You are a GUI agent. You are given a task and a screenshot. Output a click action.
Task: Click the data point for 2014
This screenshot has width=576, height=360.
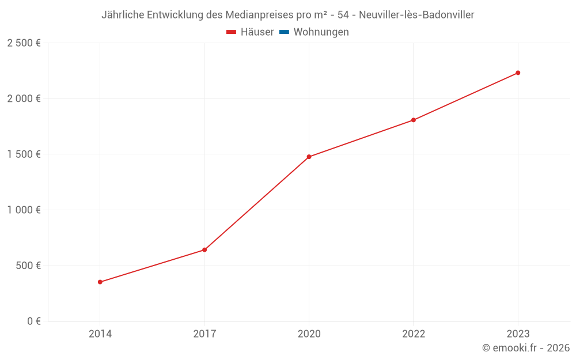100,282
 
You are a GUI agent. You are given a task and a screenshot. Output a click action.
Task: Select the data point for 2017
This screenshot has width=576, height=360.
204,249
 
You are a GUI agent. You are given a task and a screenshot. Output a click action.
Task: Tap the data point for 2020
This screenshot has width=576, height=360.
309,157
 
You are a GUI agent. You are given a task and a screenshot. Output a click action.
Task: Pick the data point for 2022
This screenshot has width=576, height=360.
414,120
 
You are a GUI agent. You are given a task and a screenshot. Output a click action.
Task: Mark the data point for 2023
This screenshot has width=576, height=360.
518,73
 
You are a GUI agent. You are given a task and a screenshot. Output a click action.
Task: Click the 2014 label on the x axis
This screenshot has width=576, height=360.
100,334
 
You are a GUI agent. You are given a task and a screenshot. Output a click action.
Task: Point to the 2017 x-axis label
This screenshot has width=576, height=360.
204,334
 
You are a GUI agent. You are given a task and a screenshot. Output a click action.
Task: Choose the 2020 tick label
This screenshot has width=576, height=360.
309,334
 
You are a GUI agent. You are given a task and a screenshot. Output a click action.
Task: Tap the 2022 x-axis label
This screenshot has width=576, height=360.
414,334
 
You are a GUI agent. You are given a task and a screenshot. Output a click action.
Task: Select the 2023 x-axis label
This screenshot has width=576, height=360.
518,334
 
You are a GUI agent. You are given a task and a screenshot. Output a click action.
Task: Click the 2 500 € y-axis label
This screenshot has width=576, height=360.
24,43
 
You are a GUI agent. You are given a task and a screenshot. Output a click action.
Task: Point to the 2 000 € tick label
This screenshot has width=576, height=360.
24,98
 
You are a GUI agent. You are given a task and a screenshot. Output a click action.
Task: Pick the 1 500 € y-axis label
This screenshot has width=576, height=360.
24,154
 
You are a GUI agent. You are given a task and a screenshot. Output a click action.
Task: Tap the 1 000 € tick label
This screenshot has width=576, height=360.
24,210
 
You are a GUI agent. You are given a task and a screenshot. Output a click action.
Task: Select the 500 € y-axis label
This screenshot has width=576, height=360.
28,266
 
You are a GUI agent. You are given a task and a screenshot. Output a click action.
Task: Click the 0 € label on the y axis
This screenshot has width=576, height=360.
34,321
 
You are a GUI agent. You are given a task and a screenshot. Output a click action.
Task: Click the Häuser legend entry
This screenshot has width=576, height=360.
250,32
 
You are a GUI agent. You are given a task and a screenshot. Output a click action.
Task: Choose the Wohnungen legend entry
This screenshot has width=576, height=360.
314,32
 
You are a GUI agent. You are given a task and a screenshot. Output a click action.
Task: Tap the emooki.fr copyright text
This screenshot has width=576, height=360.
526,348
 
